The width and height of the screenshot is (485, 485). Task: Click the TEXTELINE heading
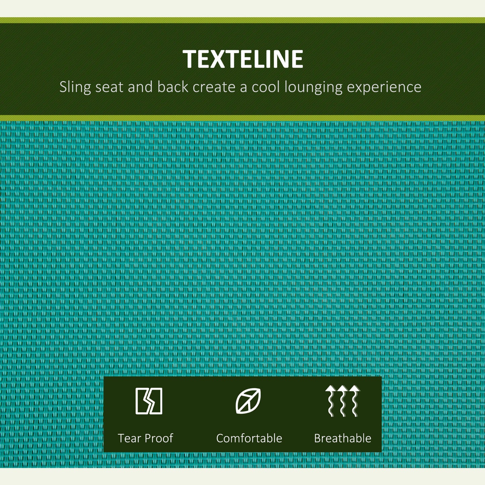pyautogui.click(x=243, y=59)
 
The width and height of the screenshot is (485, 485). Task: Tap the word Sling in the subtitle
pyautogui.click(x=75, y=87)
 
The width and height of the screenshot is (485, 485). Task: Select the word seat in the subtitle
pyautogui.click(x=109, y=87)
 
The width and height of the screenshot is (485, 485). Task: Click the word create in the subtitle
pyautogui.click(x=214, y=87)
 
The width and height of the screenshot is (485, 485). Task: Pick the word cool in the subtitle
pyautogui.click(x=266, y=87)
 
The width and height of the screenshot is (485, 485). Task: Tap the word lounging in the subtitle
pyautogui.click(x=313, y=87)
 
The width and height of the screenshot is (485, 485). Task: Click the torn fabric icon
pyautogui.click(x=149, y=401)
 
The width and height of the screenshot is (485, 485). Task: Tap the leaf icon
pyautogui.click(x=248, y=401)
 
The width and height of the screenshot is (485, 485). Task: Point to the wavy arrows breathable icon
pyautogui.click(x=343, y=401)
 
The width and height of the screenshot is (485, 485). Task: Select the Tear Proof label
pyautogui.click(x=145, y=438)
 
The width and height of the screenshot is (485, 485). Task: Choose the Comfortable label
pyautogui.click(x=249, y=438)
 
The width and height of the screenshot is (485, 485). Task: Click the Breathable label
pyautogui.click(x=343, y=438)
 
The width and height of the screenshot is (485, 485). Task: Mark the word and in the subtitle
pyautogui.click(x=140, y=87)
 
